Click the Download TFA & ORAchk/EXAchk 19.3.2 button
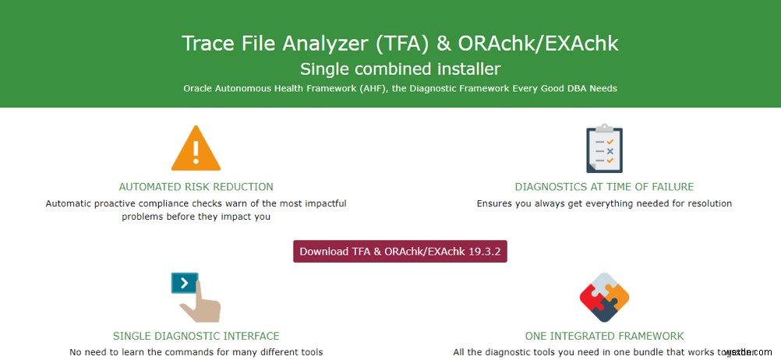point(400,252)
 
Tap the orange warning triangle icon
point(196,150)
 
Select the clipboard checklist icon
point(604,148)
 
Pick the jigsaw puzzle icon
point(604,297)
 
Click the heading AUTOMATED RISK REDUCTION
point(196,187)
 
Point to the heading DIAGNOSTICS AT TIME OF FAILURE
point(604,187)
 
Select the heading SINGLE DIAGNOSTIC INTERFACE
point(196,336)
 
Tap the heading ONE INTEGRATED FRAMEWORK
point(604,336)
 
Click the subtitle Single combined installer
point(400,69)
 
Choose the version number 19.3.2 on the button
point(488,252)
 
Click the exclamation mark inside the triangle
point(196,153)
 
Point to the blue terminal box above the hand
point(184,283)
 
